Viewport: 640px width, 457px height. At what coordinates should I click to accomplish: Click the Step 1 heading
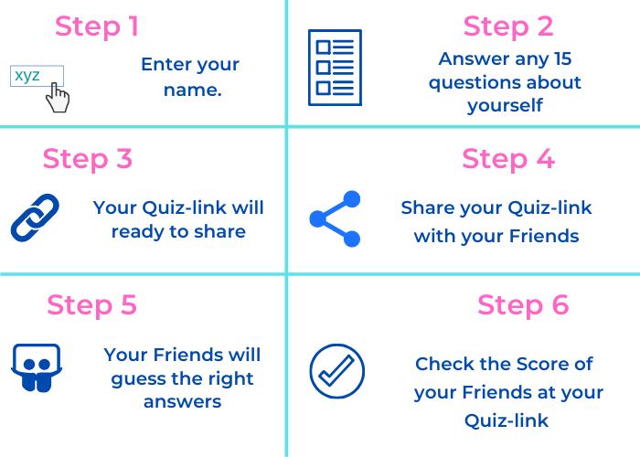[x=97, y=27]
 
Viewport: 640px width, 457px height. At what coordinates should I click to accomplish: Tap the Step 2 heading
[x=508, y=27]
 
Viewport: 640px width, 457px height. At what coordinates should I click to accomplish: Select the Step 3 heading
[x=88, y=159]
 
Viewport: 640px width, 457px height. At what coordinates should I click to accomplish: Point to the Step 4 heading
[x=508, y=159]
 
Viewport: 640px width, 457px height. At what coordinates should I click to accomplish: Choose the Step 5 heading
[x=91, y=305]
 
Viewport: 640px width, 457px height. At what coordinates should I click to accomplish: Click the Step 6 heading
[x=523, y=305]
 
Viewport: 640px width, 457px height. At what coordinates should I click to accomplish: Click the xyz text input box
[x=37, y=76]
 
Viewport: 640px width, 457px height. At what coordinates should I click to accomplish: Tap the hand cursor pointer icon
[x=58, y=97]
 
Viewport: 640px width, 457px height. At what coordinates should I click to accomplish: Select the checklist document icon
[x=336, y=68]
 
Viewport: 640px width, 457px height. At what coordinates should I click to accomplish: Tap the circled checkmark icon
[x=336, y=371]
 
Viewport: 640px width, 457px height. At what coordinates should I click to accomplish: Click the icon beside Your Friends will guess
[x=37, y=368]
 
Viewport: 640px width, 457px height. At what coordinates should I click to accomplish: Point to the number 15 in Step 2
[x=562, y=58]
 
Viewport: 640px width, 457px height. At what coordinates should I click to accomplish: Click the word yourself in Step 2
[x=505, y=106]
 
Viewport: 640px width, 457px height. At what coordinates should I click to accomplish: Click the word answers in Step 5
[x=183, y=402]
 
